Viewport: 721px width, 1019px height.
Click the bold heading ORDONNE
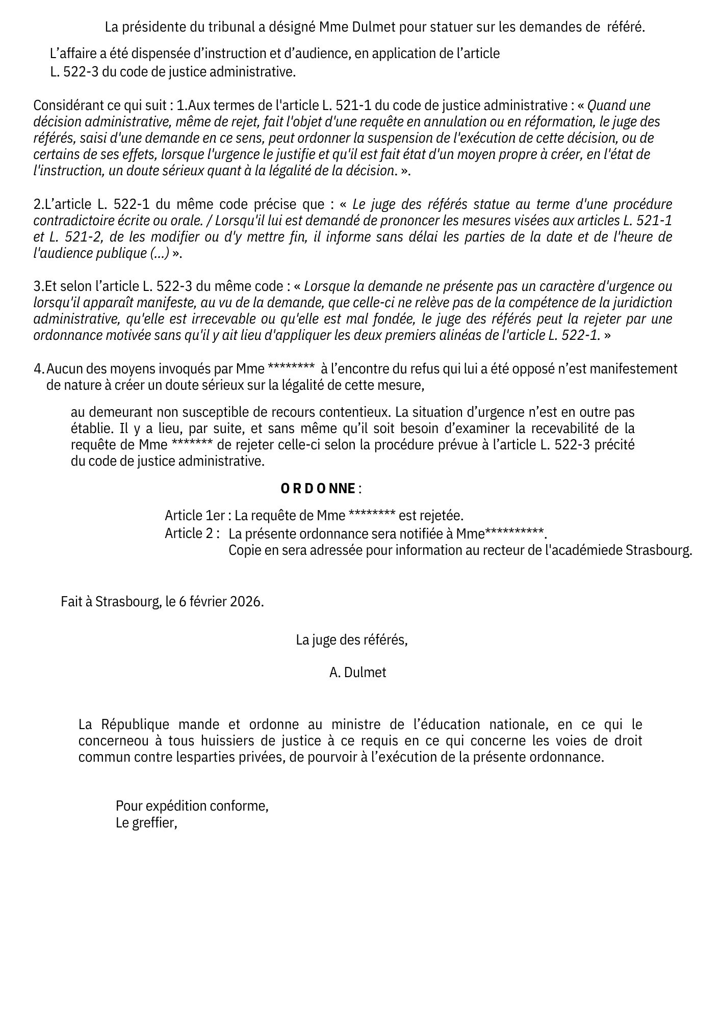coord(318,489)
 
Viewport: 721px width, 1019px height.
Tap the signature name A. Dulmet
coord(357,673)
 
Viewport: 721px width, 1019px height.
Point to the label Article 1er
coord(194,516)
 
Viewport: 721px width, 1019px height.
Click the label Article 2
coord(191,533)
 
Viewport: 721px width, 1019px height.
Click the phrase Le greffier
coord(146,823)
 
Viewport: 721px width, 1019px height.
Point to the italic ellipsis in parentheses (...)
coord(160,253)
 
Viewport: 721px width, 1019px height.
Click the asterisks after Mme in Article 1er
coord(371,515)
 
